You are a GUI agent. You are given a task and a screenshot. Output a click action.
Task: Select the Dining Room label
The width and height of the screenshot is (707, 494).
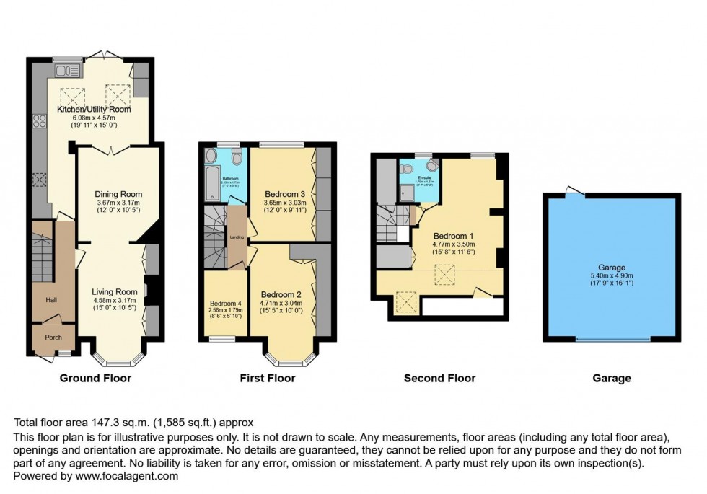pos(119,194)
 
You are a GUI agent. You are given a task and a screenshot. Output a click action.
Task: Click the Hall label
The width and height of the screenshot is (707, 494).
pos(52,300)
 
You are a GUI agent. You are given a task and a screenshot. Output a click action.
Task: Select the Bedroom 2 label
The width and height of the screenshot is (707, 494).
pos(281,294)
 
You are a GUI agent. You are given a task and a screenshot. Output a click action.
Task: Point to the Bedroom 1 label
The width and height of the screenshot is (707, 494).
pos(453,236)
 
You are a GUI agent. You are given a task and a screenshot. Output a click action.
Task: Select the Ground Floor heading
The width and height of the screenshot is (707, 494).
pos(95,378)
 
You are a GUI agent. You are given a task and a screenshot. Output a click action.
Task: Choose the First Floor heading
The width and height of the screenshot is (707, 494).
pos(268,378)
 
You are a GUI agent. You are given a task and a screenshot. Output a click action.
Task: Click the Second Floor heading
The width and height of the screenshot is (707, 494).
pos(439,378)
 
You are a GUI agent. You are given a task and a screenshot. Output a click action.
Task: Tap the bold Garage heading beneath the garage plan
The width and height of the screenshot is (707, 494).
pos(611,378)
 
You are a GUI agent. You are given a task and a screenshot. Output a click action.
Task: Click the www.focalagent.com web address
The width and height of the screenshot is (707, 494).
pos(123,476)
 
